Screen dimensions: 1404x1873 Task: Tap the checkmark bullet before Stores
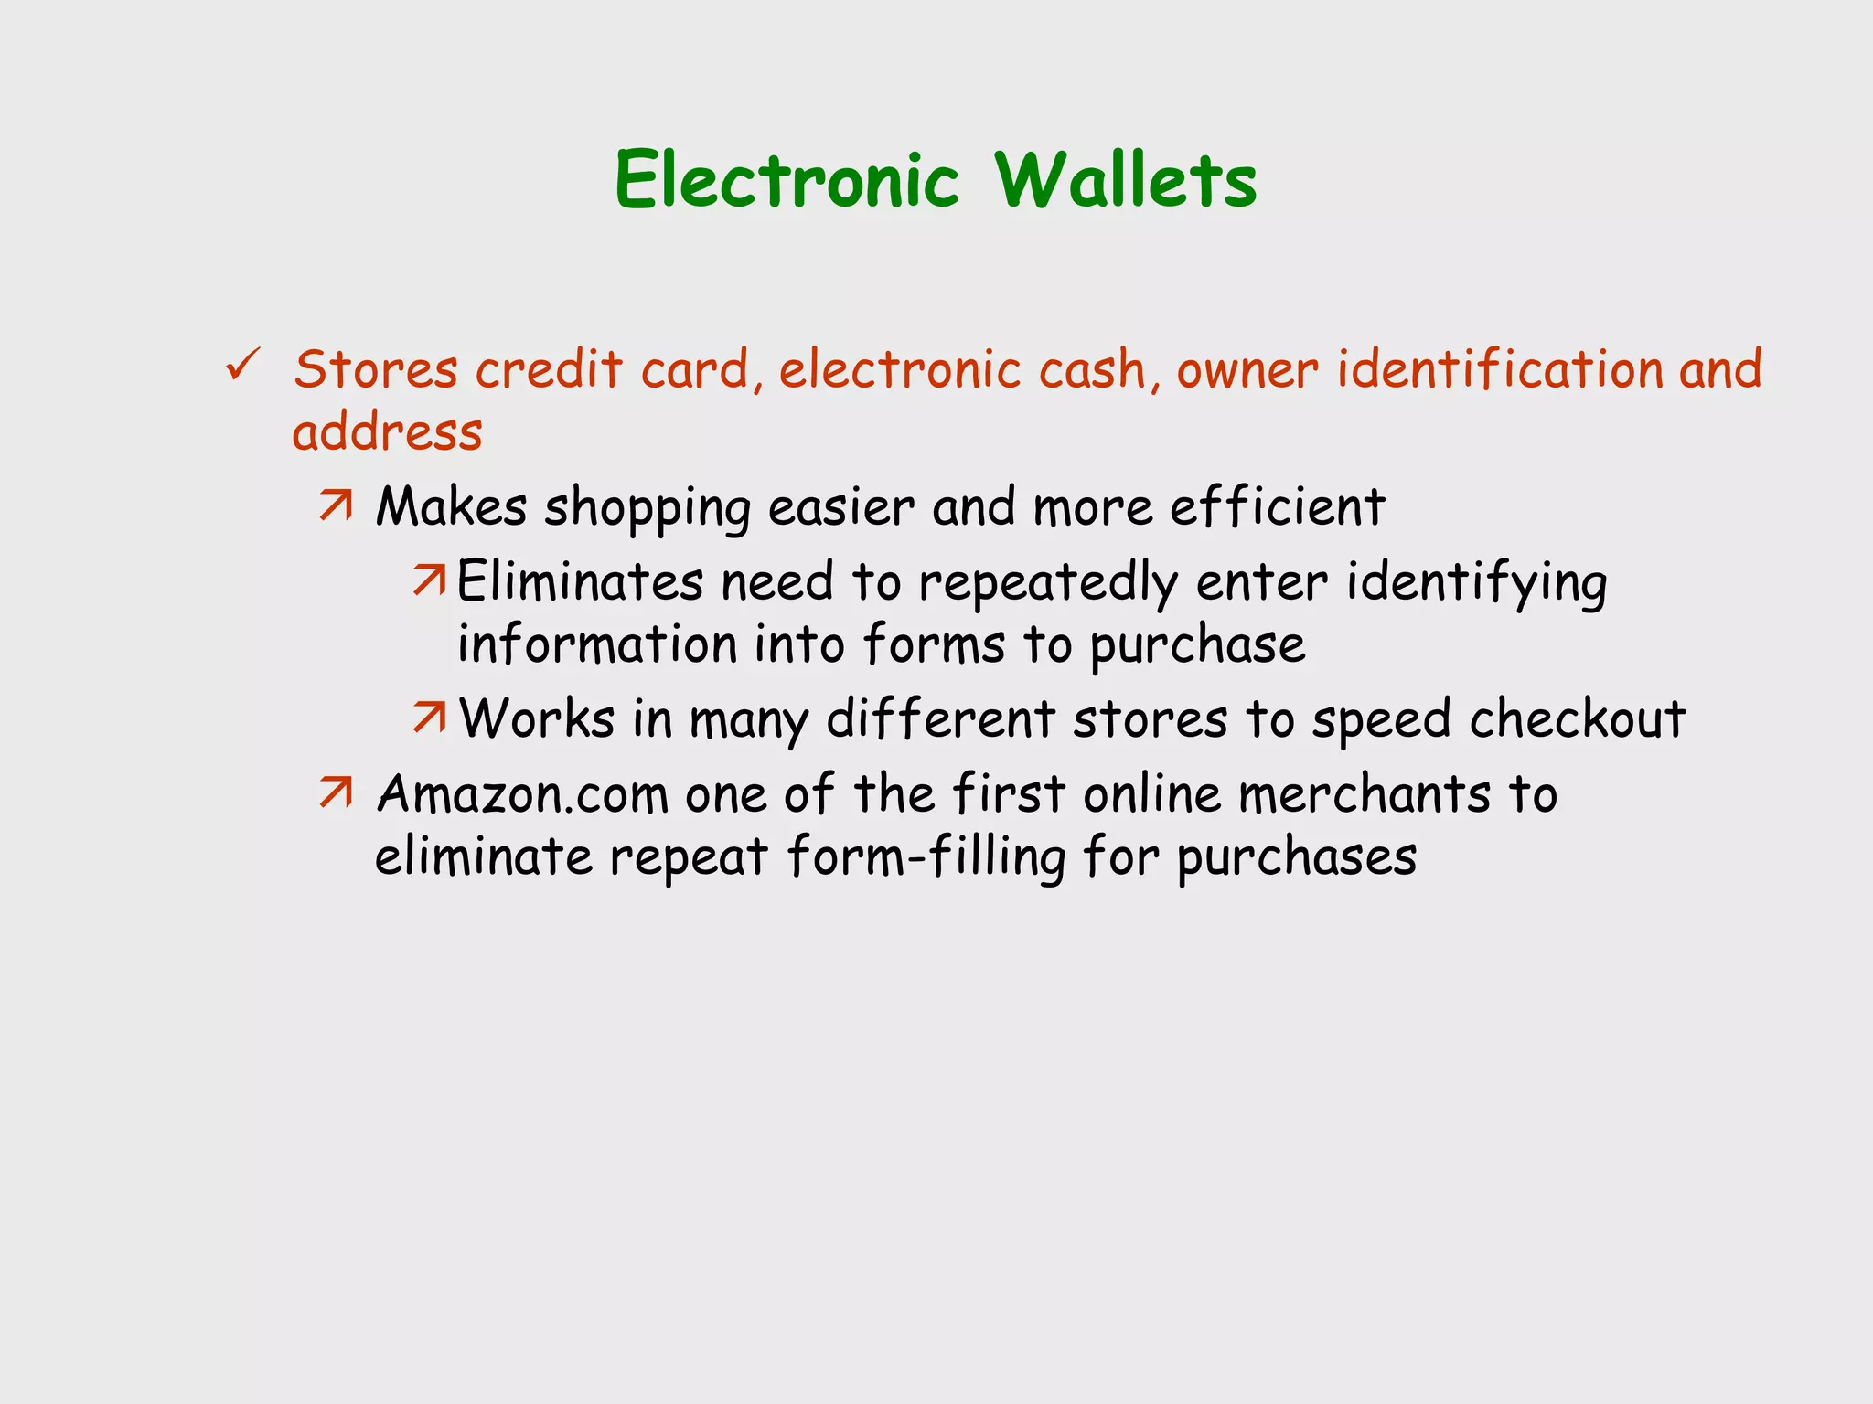pyautogui.click(x=243, y=365)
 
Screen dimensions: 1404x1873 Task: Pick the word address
pyautogui.click(x=387, y=432)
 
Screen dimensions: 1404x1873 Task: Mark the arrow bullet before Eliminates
pyautogui.click(x=428, y=580)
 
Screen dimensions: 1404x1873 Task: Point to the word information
pyautogui.click(x=596, y=644)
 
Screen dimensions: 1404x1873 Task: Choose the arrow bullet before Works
pyautogui.click(x=428, y=718)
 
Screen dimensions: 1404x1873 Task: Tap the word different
pyautogui.click(x=941, y=719)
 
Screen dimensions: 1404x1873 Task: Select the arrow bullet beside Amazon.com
pyautogui.click(x=336, y=792)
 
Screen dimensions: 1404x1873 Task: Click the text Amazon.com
pyautogui.click(x=522, y=794)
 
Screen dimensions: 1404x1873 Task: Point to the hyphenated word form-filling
pyautogui.click(x=926, y=858)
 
